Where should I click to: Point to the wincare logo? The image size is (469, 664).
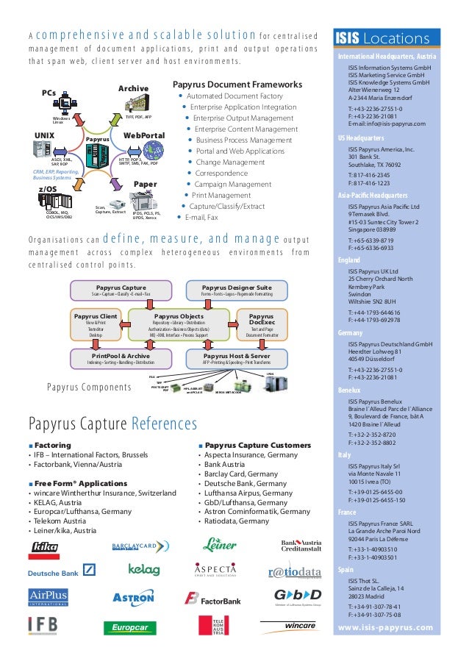tap(288, 626)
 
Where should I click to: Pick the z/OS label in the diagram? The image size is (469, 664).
tap(47, 189)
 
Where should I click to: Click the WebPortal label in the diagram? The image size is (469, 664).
tap(143, 135)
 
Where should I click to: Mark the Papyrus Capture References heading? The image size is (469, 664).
tap(112, 424)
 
